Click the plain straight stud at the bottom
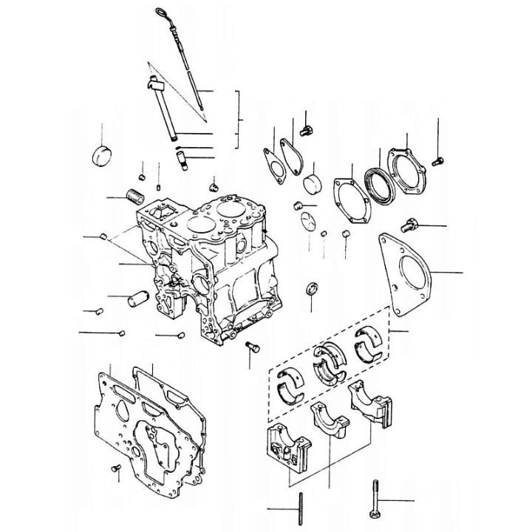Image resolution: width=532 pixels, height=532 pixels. [301, 508]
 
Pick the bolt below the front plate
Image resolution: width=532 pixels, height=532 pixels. [115, 468]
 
